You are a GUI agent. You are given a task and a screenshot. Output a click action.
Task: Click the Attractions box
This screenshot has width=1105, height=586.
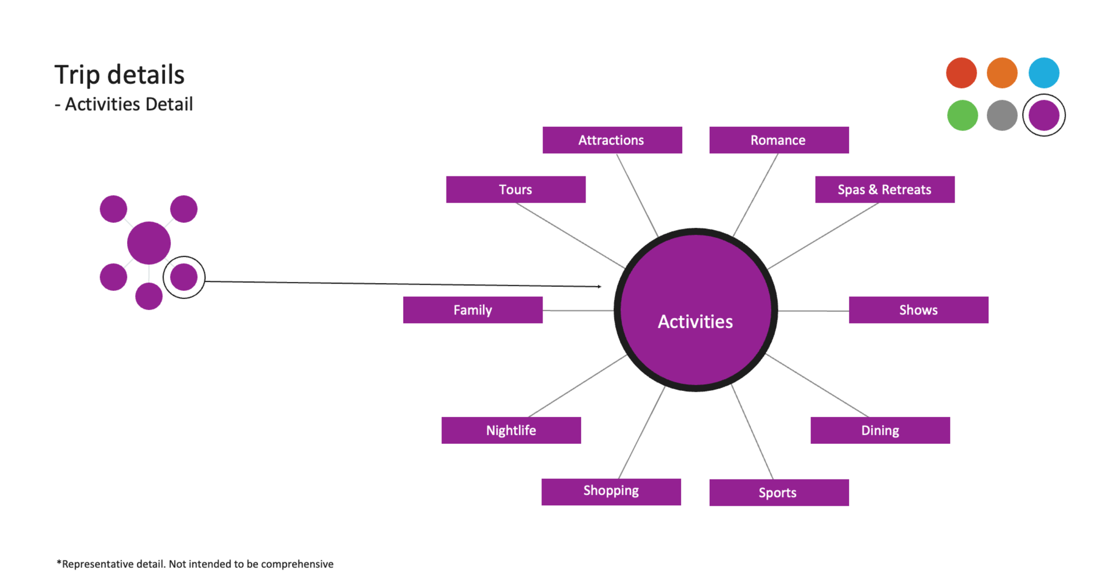tap(612, 140)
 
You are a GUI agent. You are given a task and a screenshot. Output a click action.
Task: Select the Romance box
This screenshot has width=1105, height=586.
tap(778, 140)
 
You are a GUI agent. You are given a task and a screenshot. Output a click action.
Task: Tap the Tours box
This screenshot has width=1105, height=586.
tap(515, 190)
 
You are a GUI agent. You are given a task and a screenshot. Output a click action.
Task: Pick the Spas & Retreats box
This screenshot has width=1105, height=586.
tap(885, 190)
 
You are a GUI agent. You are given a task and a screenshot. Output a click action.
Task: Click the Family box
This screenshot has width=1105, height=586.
tap(472, 310)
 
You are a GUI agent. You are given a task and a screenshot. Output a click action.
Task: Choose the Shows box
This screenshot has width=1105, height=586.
tap(918, 310)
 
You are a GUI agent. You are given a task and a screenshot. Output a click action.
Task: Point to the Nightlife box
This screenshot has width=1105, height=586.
tap(511, 430)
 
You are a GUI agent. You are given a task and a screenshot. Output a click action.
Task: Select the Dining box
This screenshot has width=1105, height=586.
tap(880, 430)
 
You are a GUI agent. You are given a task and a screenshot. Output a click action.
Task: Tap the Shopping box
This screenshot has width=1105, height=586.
tap(611, 491)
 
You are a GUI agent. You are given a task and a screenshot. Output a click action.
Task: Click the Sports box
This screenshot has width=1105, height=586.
tap(778, 492)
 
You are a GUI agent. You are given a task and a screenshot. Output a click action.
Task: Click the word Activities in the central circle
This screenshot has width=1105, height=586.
tap(695, 322)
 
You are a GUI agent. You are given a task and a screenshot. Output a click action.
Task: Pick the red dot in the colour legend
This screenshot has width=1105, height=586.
tap(961, 72)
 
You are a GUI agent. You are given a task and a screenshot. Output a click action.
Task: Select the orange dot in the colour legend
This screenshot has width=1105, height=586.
tap(1002, 72)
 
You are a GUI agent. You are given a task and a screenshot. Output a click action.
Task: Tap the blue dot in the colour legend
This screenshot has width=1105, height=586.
tap(1044, 72)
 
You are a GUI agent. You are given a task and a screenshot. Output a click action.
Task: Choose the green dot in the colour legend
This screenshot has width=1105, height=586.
tap(962, 115)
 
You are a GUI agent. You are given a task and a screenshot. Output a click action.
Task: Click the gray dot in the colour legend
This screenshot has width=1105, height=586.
tap(1002, 115)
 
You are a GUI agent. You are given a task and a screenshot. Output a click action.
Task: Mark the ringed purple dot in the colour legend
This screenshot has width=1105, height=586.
tap(1044, 115)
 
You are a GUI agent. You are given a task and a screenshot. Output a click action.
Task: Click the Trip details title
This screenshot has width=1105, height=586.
tap(119, 75)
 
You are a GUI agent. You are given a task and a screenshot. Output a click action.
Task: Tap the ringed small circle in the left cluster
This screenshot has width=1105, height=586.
tap(184, 277)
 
